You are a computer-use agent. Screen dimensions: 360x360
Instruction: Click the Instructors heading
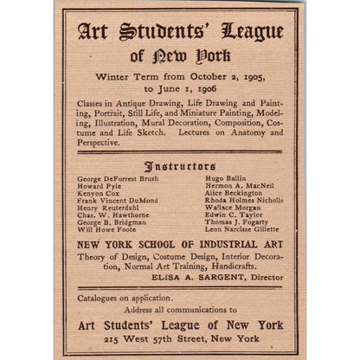(179, 164)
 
